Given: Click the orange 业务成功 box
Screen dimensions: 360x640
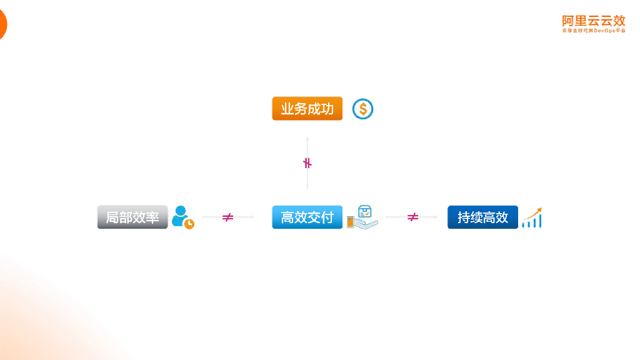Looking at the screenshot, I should [307, 109].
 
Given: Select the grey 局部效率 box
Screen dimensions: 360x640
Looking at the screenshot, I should [132, 217].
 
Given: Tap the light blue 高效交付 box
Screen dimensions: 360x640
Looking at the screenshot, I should [307, 217].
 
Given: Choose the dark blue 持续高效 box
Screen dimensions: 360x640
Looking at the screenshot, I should [482, 217].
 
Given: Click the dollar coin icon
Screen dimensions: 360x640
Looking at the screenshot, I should [362, 109].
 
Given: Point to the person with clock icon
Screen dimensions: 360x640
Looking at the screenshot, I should [182, 216].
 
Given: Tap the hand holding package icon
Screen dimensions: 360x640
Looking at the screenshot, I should [362, 216].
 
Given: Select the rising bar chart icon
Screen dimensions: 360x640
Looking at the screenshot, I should [532, 217].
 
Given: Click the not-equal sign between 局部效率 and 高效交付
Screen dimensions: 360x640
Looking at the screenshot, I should [227, 217].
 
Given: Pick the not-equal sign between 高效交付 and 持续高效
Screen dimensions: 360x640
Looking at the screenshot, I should [412, 217].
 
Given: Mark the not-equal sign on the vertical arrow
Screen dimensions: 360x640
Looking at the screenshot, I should [307, 163].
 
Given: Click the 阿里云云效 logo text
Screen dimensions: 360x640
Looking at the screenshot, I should [593, 21].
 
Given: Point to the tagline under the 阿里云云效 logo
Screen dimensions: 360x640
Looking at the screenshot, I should [593, 30].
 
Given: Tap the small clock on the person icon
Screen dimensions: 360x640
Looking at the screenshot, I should [189, 223].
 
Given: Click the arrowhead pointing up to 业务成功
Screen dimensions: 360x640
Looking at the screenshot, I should [307, 137].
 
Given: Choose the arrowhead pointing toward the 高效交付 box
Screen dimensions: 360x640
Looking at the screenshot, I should [252, 217].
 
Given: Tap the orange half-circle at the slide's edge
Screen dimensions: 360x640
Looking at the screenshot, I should [2, 25].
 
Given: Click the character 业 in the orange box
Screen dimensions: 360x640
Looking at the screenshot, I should [287, 109].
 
